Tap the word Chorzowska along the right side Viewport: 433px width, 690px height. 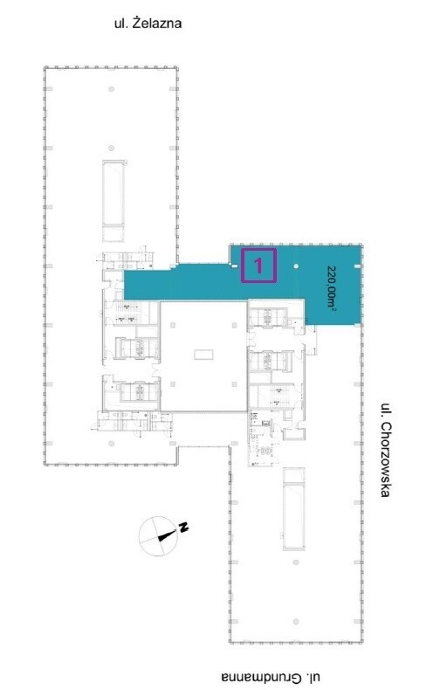[385, 459]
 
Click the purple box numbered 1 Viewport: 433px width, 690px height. [258, 266]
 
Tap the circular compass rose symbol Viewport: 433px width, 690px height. [158, 536]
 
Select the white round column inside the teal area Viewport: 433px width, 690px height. [296, 266]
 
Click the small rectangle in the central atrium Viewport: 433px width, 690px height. [203, 354]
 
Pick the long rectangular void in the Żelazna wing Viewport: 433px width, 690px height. [113, 201]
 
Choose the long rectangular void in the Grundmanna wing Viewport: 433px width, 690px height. [294, 508]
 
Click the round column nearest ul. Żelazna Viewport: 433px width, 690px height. [112, 89]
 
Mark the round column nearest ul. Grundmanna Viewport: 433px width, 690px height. [296, 621]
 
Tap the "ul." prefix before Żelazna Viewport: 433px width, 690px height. [121, 23]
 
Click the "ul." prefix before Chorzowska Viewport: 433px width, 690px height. [386, 410]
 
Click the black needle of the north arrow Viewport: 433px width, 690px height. [167, 535]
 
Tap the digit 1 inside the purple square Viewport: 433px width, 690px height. [258, 266]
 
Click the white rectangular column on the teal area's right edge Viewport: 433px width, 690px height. [357, 266]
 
